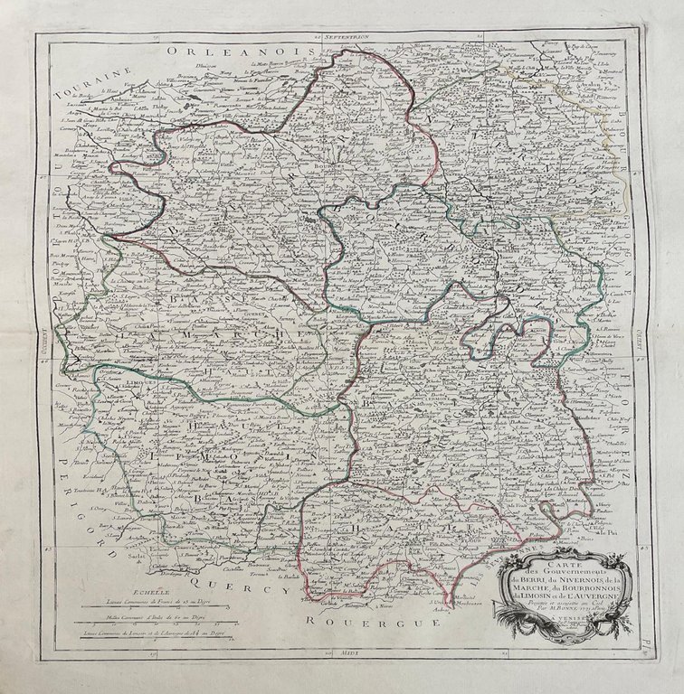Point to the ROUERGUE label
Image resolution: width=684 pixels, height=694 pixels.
click(345, 621)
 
